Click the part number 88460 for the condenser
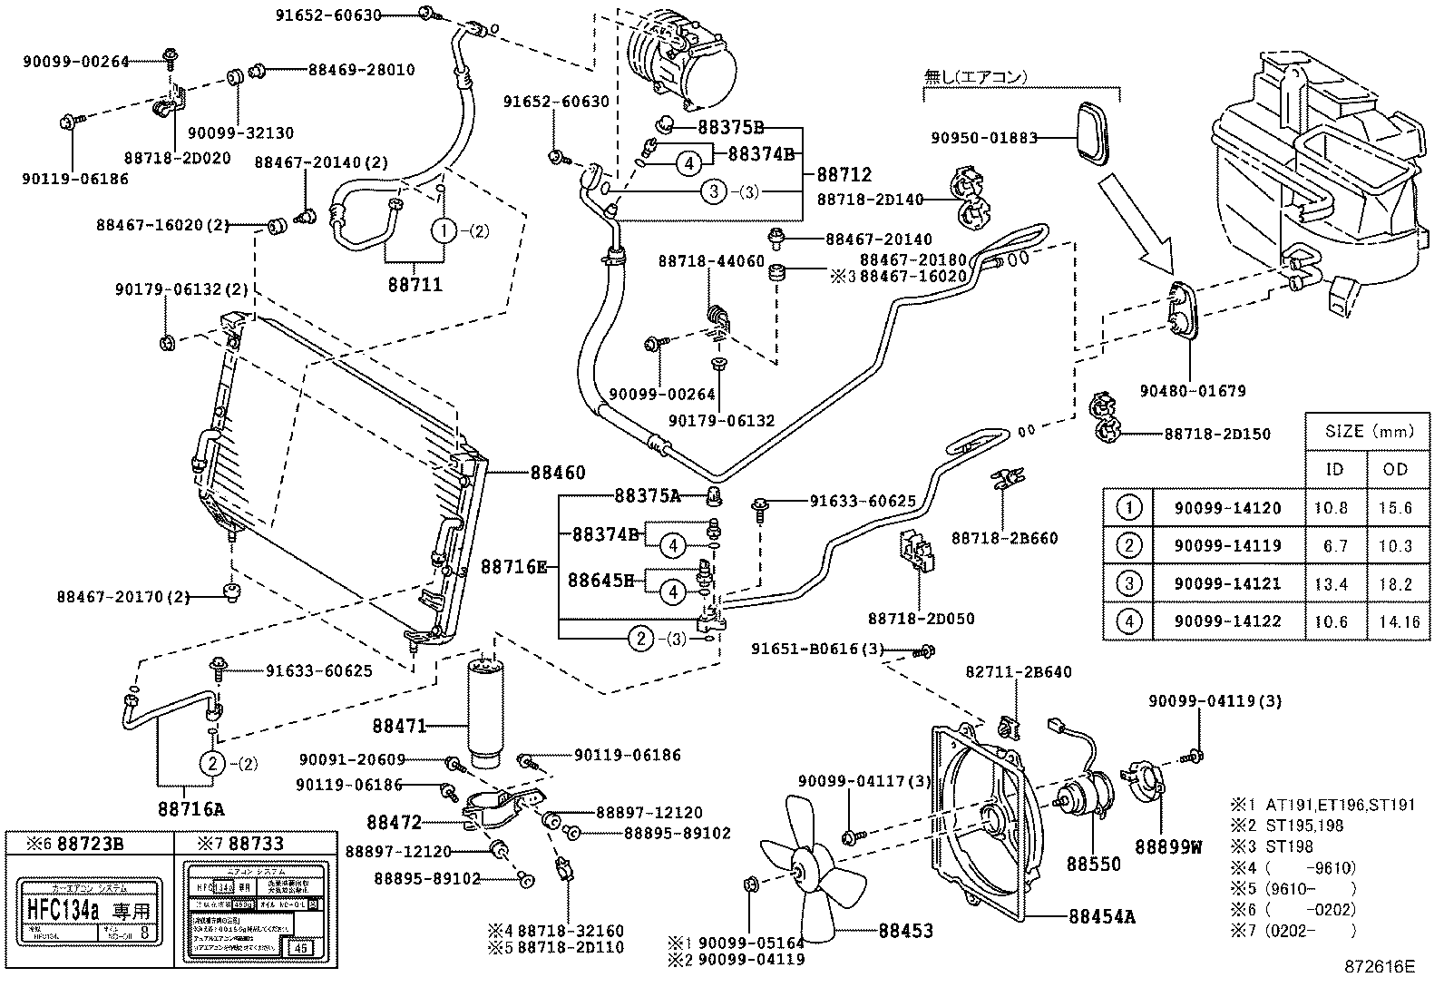coord(558,473)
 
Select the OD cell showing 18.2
coord(1395,583)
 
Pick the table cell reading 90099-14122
coord(1227,621)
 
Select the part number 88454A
coord(1101,916)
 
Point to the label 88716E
coord(513,567)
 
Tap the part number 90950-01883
coord(983,138)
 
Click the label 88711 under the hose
coord(414,284)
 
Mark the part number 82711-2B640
coord(1018,672)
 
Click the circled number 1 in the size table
coord(1127,507)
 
